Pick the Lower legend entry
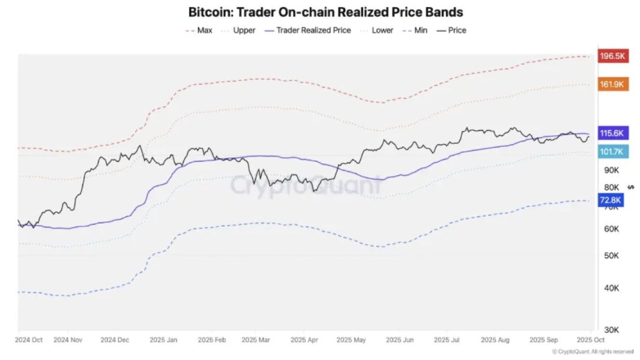tap(382, 30)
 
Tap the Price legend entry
tap(457, 30)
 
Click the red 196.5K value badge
tap(613, 56)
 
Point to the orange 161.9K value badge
tap(613, 85)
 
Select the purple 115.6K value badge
tap(613, 133)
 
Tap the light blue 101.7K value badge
tap(613, 152)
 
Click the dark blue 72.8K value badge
tap(611, 201)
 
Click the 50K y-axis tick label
tap(611, 256)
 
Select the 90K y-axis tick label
tap(611, 170)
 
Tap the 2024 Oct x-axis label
tap(29, 340)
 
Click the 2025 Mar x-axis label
tap(256, 340)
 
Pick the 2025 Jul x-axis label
tap(447, 340)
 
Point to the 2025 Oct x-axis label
tap(590, 340)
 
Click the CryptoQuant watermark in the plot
tap(306, 185)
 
